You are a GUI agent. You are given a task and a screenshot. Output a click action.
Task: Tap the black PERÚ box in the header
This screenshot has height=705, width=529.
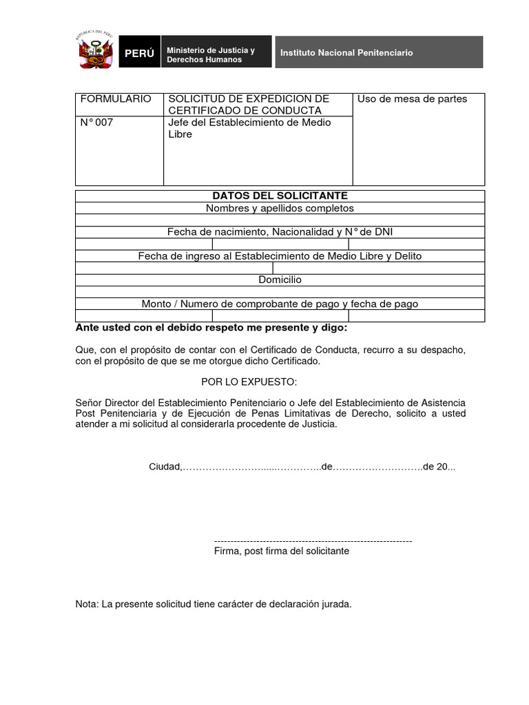pos(139,53)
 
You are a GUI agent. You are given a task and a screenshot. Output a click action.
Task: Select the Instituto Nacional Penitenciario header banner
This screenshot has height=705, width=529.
pos(379,52)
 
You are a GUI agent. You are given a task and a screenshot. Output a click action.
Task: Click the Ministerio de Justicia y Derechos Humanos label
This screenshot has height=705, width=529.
pos(211,55)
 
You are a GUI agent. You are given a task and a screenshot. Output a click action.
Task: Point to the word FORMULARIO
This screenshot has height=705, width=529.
pos(116,99)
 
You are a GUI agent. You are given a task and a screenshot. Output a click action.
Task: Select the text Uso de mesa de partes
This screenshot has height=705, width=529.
pos(412,99)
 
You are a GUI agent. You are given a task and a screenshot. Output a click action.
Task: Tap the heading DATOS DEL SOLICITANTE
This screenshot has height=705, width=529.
pos(280,196)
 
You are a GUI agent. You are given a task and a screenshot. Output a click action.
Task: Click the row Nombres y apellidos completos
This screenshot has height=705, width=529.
pos(280,208)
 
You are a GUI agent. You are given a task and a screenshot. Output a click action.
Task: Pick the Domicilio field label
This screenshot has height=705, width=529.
pos(280,280)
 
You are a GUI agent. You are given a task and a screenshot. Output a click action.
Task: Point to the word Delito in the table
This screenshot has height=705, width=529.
pos(406,256)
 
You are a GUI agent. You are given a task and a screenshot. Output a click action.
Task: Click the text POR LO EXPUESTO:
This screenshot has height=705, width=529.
pos(249,381)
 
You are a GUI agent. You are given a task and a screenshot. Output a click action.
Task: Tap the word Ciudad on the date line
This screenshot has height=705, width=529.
pos(165,467)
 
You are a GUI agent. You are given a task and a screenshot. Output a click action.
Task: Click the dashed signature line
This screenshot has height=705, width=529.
pos(313,541)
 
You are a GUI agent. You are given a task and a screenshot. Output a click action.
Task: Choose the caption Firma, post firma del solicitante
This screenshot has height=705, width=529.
pos(282,551)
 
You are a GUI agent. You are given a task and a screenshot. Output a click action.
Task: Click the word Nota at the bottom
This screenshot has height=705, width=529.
pos(86,604)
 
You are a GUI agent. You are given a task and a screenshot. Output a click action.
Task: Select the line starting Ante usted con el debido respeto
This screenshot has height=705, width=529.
pos(211,328)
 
